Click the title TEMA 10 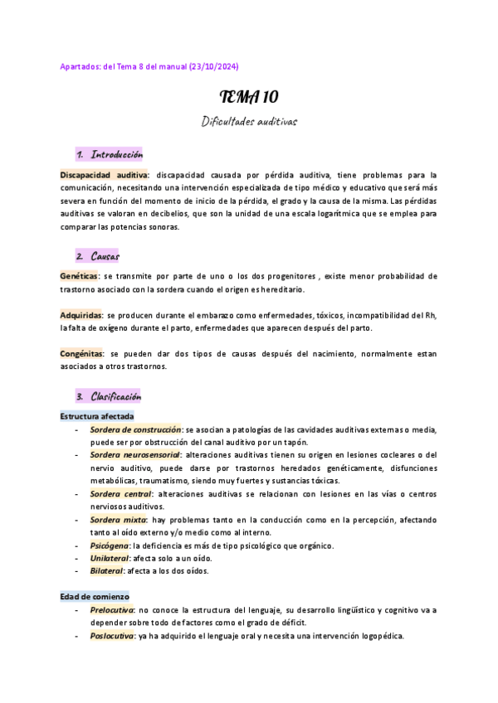coord(248,97)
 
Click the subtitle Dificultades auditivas coord(249,121)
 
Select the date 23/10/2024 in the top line coord(217,66)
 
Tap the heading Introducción coord(117,155)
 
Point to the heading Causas coord(105,255)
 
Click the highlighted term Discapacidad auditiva coord(104,175)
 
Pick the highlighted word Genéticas coord(79,275)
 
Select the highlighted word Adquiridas coord(81,315)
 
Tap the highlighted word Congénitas coord(81,354)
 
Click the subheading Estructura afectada coord(97,415)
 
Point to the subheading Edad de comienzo coord(95,596)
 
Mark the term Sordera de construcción coord(135,429)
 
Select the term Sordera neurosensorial coord(134,455)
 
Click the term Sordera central coord(120,494)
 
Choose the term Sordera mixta coord(118,519)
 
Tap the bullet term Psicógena coord(109,545)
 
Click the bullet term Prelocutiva coord(112,610)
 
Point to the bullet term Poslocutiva coord(112,636)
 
